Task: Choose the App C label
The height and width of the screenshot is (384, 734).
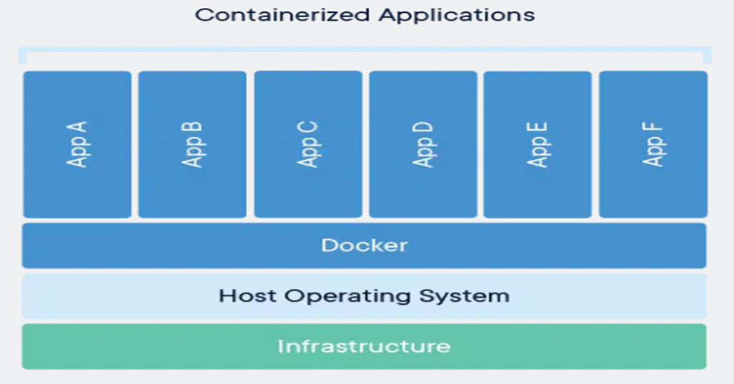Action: tap(307, 144)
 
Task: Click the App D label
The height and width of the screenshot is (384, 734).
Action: tap(423, 144)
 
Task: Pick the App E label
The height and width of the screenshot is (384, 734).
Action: tap(537, 144)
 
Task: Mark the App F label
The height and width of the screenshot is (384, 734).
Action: tap(653, 144)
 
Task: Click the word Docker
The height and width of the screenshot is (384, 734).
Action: tap(364, 246)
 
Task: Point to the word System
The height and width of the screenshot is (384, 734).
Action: tap(465, 295)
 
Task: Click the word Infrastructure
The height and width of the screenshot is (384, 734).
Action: tap(364, 347)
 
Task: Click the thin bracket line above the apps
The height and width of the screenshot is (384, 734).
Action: tap(364, 49)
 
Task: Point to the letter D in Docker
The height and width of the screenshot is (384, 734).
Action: tap(328, 246)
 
